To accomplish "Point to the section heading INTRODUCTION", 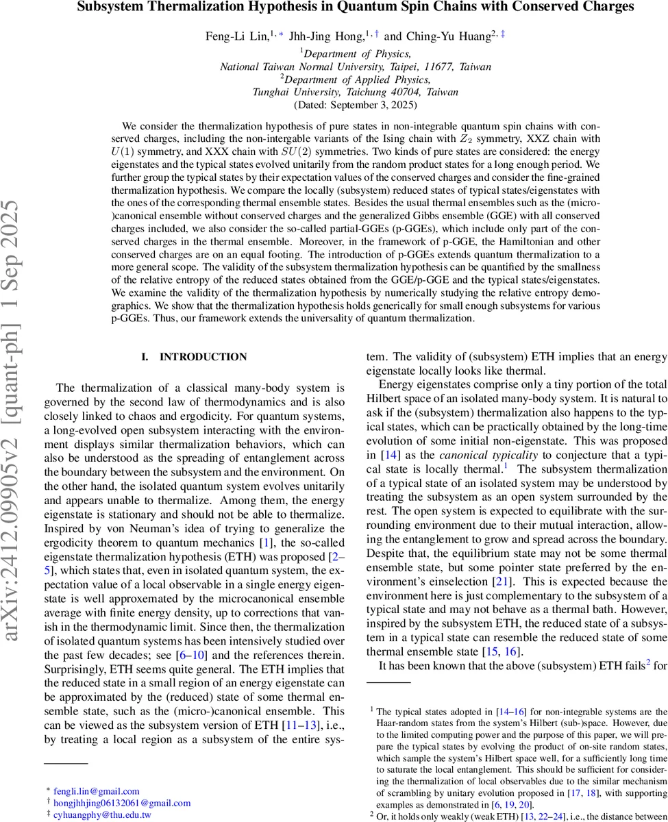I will pyautogui.click(x=203, y=357).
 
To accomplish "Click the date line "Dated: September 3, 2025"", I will pyautogui.click(x=355, y=105).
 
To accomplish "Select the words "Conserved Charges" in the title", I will pyautogui.click(x=584, y=8).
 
